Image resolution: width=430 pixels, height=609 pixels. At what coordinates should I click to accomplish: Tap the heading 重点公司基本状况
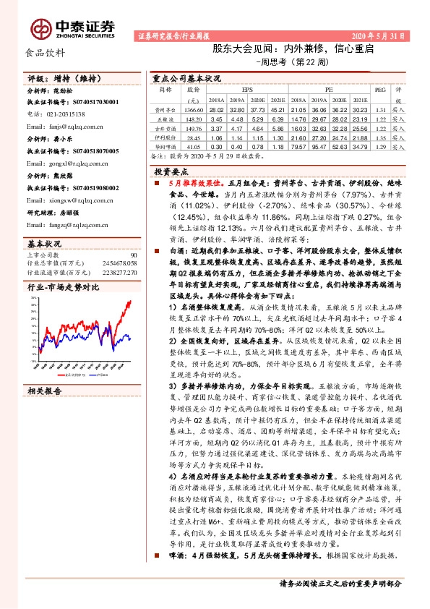[186, 77]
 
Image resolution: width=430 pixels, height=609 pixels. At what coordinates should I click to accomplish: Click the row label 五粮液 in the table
[165, 118]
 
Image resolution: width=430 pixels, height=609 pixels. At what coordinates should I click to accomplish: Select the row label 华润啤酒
[165, 145]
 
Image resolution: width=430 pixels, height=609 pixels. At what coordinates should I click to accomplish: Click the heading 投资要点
[171, 171]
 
